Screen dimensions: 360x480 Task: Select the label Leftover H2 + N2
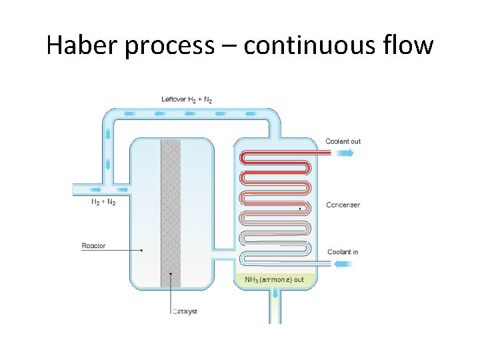tap(187, 99)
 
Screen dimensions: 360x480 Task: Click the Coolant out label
tap(343, 141)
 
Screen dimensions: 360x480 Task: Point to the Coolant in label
tap(343, 252)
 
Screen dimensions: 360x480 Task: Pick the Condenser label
tap(343, 205)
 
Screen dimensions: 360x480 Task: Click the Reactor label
tap(93, 246)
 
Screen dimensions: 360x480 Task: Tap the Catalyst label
tap(185, 311)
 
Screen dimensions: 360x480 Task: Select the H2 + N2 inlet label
tap(103, 202)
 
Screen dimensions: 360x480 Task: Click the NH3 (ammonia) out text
tap(274, 279)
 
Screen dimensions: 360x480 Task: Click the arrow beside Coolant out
tap(344, 153)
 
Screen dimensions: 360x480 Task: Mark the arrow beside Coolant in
tap(343, 263)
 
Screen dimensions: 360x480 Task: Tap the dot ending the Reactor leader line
tap(142, 251)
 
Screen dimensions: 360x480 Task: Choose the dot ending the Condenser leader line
tap(300, 209)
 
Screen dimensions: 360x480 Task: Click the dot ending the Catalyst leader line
tap(171, 273)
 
